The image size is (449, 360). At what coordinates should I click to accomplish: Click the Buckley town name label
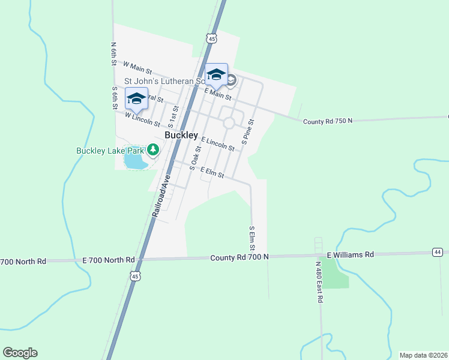tap(181, 136)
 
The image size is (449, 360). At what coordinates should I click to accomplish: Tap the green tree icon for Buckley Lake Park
tap(153, 150)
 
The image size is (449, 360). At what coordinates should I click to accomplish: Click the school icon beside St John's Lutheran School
tap(217, 75)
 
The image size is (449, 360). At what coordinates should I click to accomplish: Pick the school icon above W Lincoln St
tap(136, 100)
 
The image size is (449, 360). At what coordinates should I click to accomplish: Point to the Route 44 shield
tap(438, 252)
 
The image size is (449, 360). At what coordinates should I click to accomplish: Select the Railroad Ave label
tap(161, 196)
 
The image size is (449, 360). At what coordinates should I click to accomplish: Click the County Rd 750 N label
tap(328, 121)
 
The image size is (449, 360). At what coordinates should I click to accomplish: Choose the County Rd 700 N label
tap(240, 257)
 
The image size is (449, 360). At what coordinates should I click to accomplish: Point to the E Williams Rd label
tap(351, 254)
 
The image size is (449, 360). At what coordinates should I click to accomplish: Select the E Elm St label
tap(212, 173)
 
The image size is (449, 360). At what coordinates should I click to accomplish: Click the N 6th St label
tap(113, 54)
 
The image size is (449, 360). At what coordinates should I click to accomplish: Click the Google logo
tap(20, 353)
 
